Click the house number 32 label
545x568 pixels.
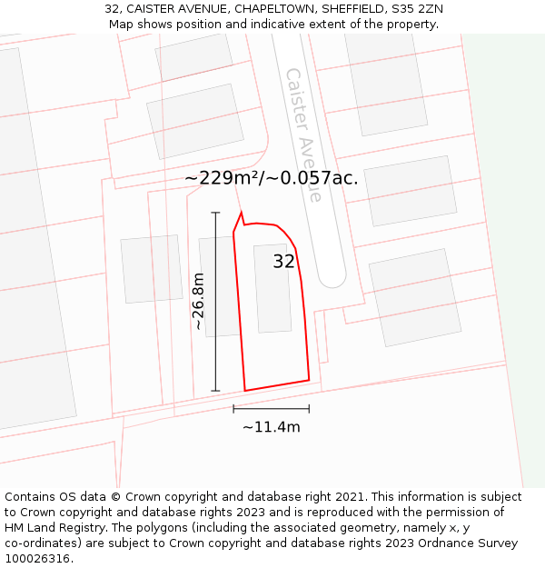point(284,262)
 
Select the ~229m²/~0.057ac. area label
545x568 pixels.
point(272,178)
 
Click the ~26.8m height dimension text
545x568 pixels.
point(199,301)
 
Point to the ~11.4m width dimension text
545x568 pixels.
point(271,427)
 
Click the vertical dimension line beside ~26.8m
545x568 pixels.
point(215,301)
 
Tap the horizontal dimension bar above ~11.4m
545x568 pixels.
point(271,409)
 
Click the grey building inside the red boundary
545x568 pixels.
point(272,287)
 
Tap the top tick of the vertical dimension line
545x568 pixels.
point(215,213)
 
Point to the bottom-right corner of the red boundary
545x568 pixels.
point(309,380)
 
